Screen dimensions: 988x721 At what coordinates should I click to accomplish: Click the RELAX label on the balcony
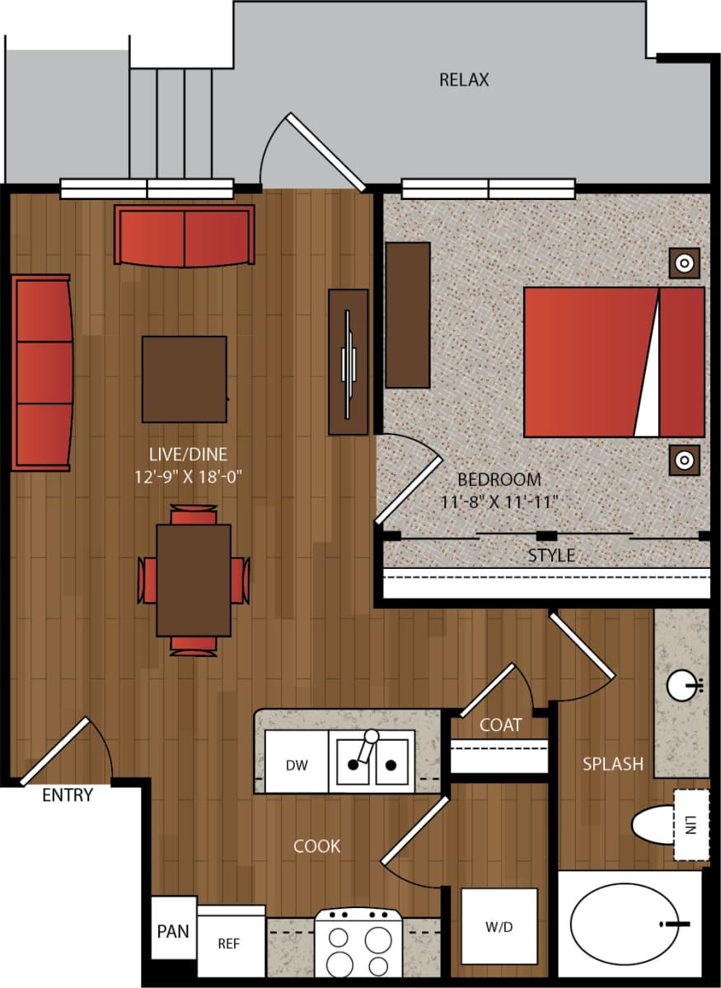click(x=464, y=80)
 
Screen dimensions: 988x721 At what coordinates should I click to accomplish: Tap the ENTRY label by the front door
click(x=68, y=795)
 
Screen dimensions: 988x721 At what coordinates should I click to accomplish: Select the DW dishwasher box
click(x=297, y=765)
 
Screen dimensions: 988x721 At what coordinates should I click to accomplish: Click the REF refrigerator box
click(x=230, y=943)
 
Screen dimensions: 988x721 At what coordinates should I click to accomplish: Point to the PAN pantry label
click(x=173, y=931)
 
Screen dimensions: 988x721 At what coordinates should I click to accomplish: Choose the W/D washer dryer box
click(x=499, y=926)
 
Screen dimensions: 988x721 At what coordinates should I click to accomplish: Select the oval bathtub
click(x=627, y=925)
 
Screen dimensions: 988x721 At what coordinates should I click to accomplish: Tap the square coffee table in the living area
click(x=184, y=379)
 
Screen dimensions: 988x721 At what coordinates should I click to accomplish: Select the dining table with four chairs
click(x=194, y=580)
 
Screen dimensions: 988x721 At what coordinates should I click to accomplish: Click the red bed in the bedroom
click(x=613, y=362)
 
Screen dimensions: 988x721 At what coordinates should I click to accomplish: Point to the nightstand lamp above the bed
click(x=683, y=263)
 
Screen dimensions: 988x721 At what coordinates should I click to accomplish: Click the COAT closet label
click(x=500, y=725)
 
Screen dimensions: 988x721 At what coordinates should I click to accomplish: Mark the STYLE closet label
click(x=551, y=556)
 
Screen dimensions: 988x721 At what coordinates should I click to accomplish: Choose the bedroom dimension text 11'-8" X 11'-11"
click(x=499, y=501)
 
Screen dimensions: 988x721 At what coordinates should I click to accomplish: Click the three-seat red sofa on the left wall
click(x=42, y=373)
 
